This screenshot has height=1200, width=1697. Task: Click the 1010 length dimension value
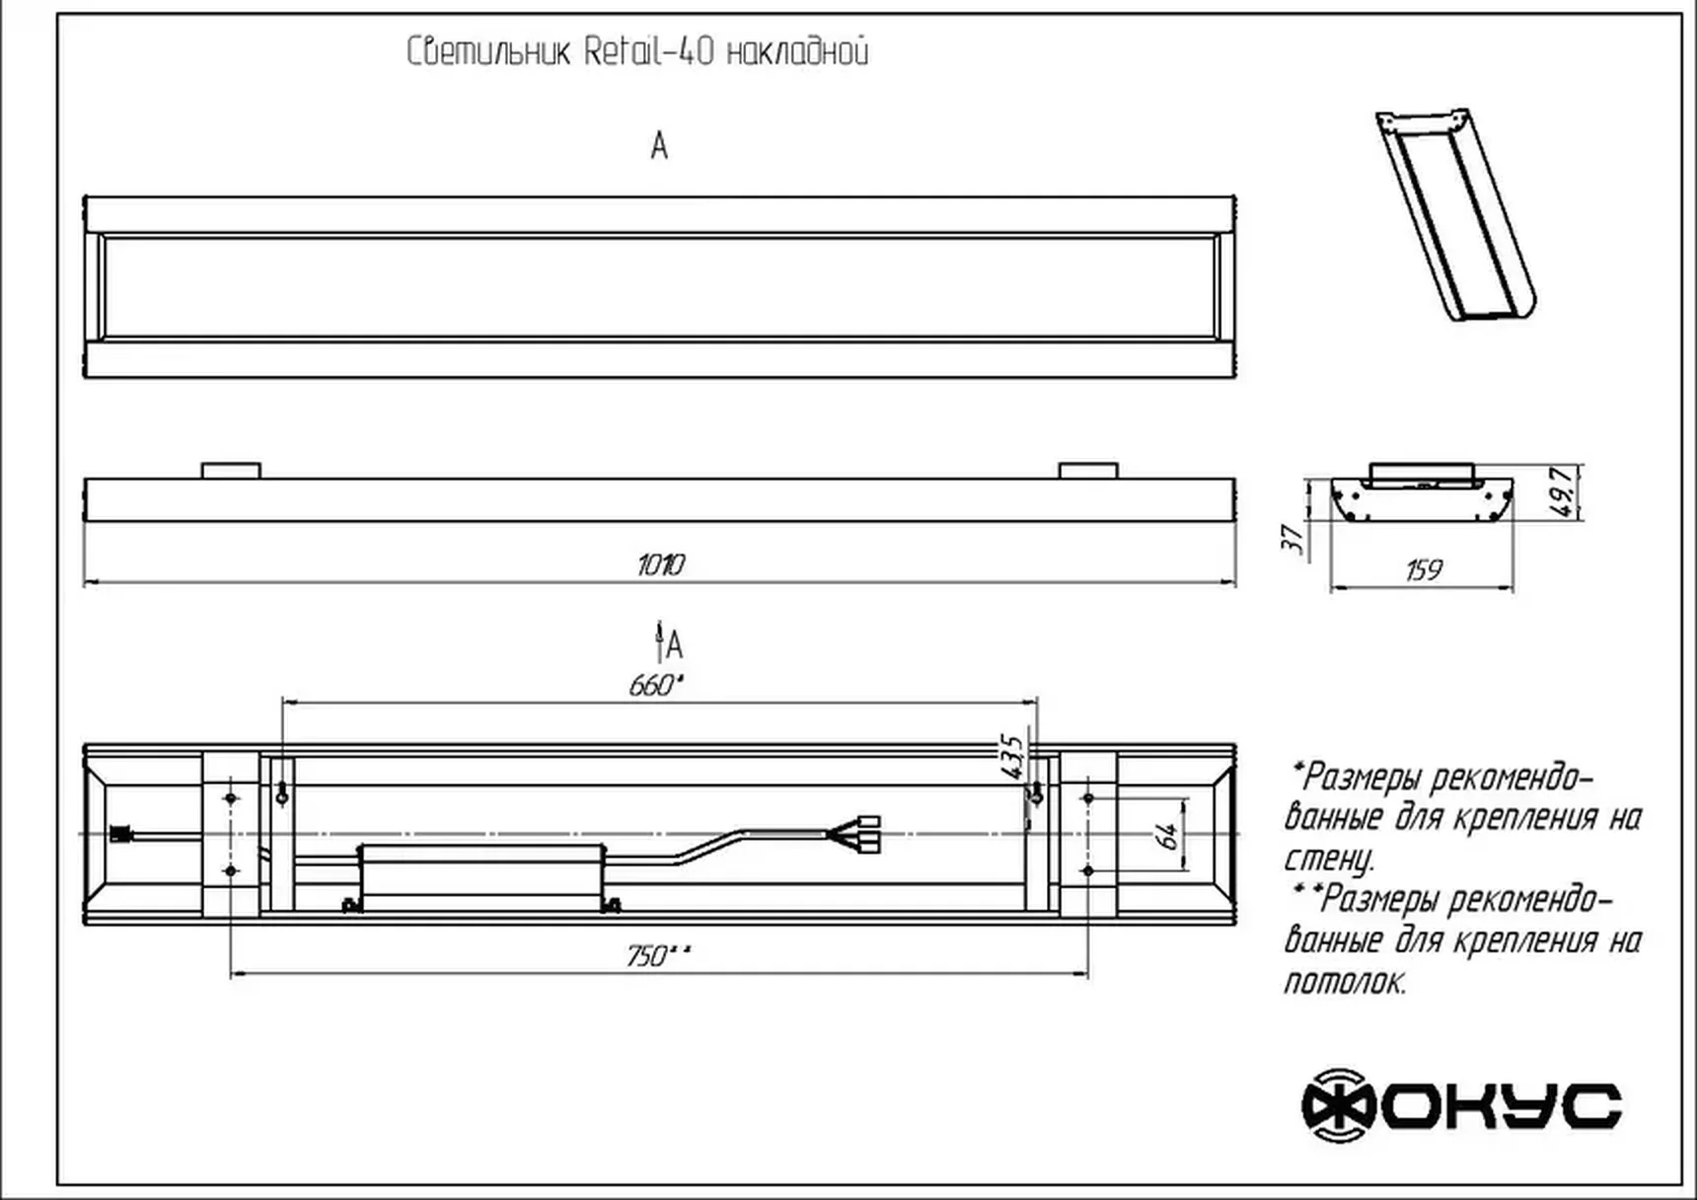click(x=660, y=564)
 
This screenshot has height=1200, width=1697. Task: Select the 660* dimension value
click(x=656, y=685)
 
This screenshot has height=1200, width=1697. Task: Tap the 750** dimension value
click(x=658, y=956)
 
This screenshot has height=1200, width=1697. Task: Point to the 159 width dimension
click(x=1423, y=569)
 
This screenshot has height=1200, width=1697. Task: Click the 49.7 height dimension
click(x=1561, y=491)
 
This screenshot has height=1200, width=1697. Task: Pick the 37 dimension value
click(x=1291, y=538)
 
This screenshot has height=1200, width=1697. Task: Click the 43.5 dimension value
click(x=1012, y=757)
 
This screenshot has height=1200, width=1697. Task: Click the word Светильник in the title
click(x=488, y=51)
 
